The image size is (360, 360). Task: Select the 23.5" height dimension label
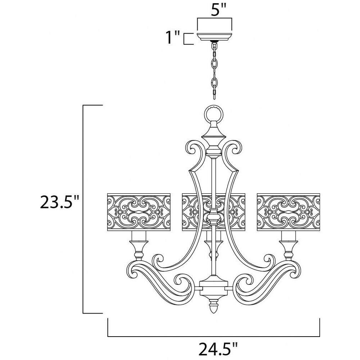(x=59, y=202)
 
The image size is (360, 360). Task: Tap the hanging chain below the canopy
(x=214, y=70)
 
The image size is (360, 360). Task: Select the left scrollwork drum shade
(x=139, y=212)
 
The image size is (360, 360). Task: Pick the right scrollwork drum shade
(x=288, y=212)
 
